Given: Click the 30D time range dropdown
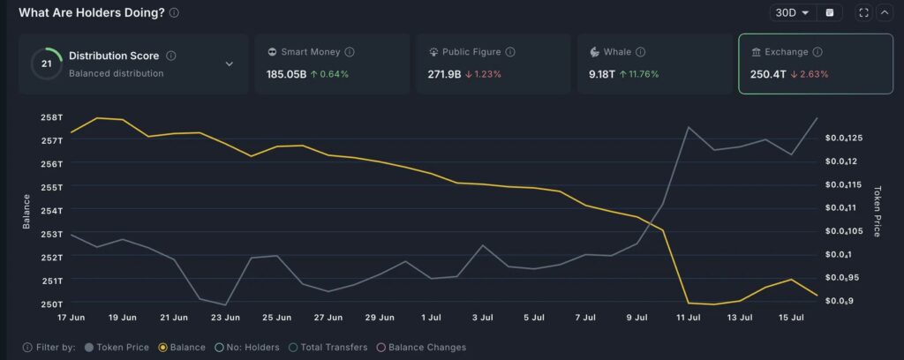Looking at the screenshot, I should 792,12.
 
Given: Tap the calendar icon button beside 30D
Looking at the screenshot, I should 829,12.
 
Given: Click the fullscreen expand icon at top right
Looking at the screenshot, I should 863,12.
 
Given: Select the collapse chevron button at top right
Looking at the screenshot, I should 884,12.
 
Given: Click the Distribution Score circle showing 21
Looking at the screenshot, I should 46,64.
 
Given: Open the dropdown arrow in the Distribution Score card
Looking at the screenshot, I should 229,64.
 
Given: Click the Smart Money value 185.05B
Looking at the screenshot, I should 286,74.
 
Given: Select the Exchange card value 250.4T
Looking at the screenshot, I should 766,74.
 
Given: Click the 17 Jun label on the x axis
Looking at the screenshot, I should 71,317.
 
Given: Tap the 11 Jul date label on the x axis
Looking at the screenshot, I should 688,317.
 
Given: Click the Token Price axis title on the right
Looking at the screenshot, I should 877,211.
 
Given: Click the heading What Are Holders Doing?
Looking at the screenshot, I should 91,12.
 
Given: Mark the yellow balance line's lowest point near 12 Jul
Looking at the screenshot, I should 714,304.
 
